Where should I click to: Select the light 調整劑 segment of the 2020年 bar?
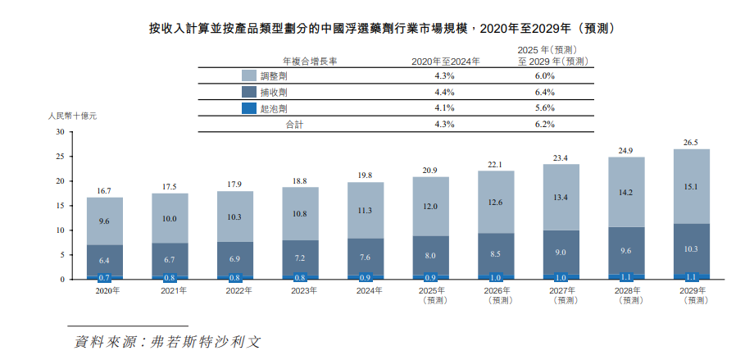coord(104,221)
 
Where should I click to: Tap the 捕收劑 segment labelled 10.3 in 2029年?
coord(691,248)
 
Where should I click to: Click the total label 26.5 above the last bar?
coord(691,143)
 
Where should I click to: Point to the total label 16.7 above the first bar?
coord(104,190)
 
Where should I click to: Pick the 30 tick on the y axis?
coord(59,132)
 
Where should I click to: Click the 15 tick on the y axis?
coord(59,206)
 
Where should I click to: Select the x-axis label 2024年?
coord(366,290)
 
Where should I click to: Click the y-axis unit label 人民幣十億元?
coord(73,116)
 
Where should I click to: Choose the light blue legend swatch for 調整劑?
coord(248,75)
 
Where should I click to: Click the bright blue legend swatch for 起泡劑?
coord(248,108)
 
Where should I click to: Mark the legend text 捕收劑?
coord(273,92)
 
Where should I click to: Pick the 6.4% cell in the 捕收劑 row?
coord(543,92)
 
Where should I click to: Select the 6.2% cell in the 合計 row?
coord(543,125)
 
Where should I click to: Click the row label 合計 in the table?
coord(293,125)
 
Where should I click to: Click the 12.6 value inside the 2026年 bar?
coord(496,202)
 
